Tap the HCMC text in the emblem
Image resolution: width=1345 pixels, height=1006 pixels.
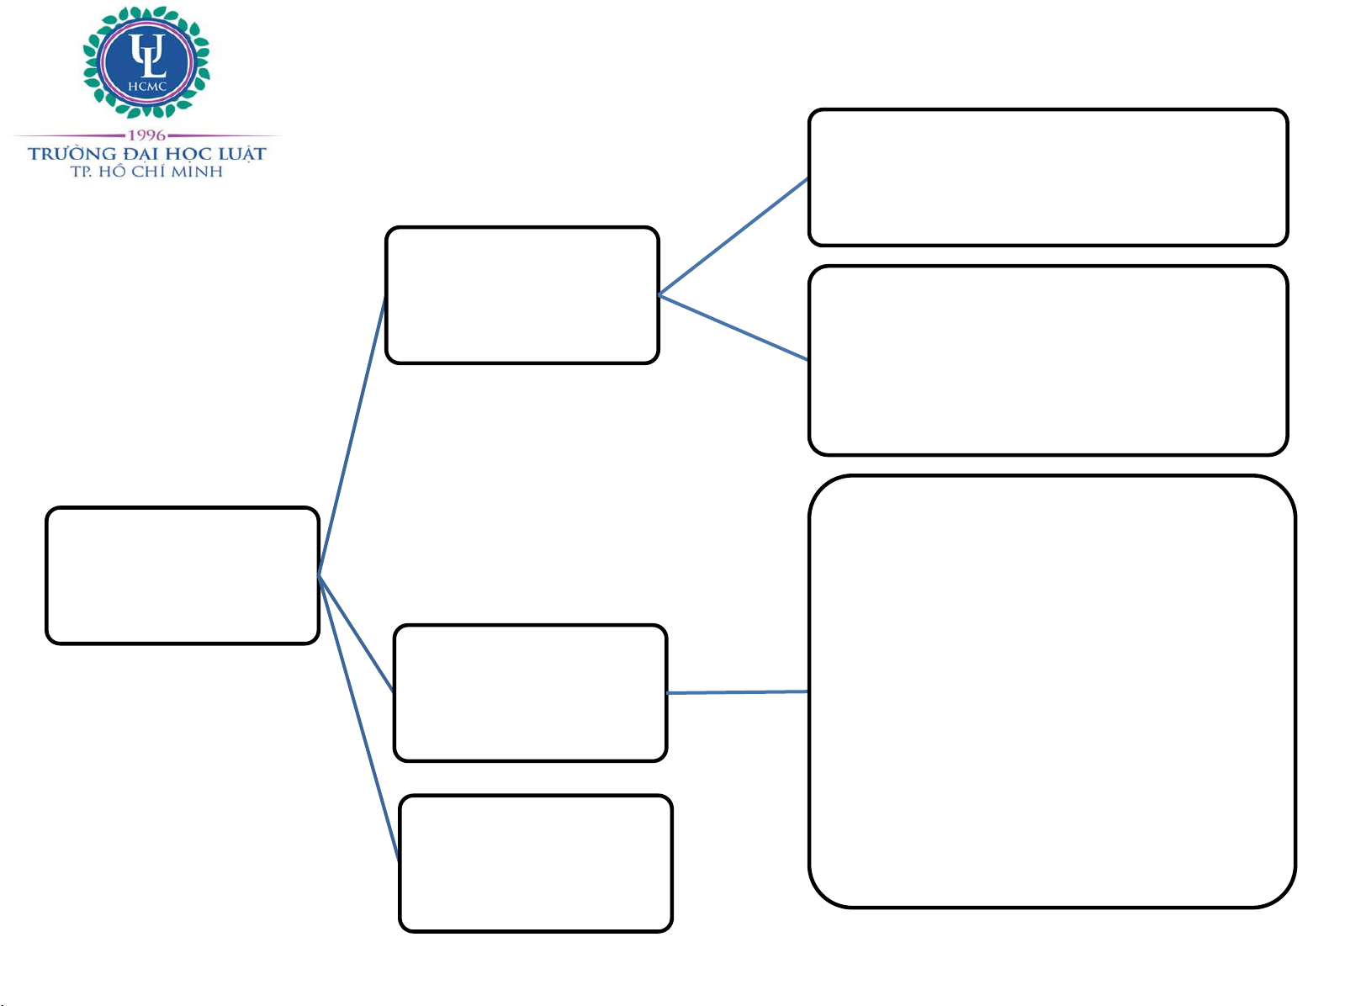(x=147, y=86)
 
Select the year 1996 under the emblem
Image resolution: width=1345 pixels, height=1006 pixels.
(x=146, y=135)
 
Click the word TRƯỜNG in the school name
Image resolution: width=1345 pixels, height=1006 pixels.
(x=72, y=153)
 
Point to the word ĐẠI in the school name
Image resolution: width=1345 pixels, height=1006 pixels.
(x=140, y=154)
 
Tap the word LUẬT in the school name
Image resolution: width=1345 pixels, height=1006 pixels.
(x=243, y=154)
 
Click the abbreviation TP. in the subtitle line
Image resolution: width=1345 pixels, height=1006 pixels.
(x=81, y=172)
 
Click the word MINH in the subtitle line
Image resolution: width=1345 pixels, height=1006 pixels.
(x=198, y=172)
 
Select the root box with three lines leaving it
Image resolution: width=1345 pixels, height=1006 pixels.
(x=183, y=575)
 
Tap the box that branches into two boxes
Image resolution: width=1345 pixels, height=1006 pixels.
(x=522, y=294)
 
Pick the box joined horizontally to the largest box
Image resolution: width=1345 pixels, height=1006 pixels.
(x=530, y=692)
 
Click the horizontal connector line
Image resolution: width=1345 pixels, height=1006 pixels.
(x=737, y=692)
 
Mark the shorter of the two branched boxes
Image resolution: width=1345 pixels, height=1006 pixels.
(x=1048, y=177)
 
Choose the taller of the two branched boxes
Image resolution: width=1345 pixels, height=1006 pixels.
(x=1048, y=360)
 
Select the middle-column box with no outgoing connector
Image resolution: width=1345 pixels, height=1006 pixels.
(x=536, y=863)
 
